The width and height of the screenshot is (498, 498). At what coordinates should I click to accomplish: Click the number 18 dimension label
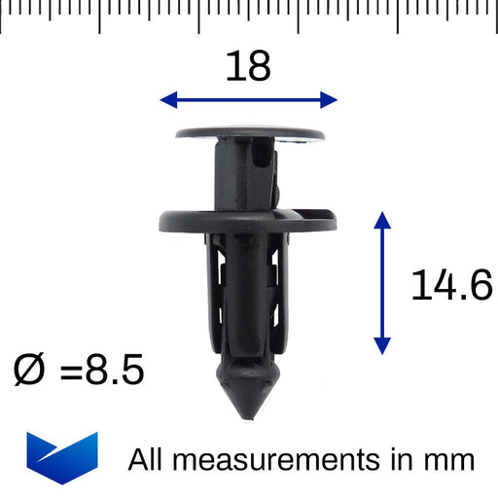point(248,66)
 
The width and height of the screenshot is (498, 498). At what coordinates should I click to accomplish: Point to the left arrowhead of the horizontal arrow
point(167,99)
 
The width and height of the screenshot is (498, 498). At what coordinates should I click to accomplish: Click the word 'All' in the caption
point(149,459)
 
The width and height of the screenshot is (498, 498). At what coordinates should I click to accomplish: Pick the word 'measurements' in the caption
point(287,459)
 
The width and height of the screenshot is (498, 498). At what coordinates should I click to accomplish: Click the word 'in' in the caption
point(406,459)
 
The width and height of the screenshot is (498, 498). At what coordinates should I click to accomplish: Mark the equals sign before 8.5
point(71,371)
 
